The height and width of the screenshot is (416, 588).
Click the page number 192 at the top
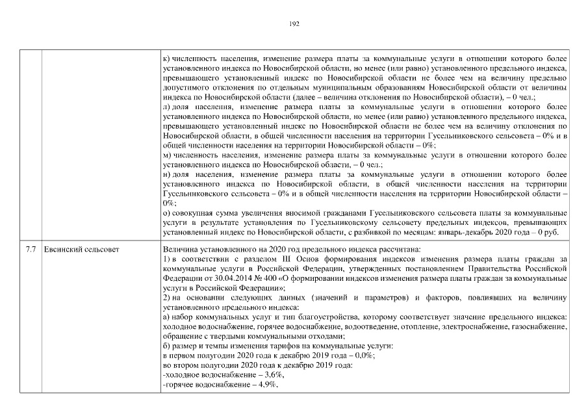tap(294, 23)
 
